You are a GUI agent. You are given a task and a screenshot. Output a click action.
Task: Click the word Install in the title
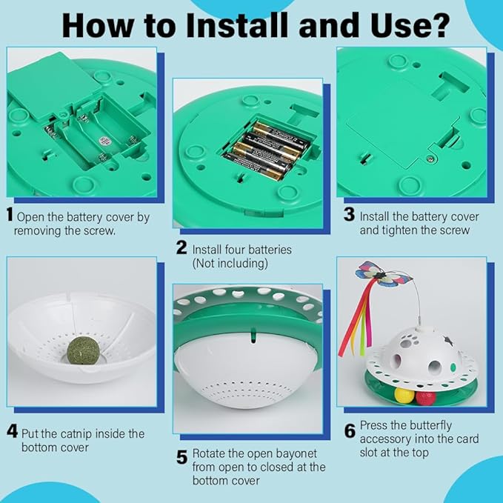238,25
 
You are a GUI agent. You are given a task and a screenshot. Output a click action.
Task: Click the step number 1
10,214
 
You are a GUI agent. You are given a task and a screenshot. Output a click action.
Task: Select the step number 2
181,247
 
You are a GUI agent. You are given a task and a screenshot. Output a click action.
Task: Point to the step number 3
349,214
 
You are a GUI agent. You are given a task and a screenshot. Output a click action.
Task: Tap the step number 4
12,431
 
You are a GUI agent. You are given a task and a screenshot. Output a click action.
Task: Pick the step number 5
182,457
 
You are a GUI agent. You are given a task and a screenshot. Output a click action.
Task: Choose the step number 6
350,431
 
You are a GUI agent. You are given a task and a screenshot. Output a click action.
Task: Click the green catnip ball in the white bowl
81,350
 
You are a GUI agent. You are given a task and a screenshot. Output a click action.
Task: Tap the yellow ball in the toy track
404,396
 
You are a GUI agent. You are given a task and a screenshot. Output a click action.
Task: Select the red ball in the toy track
426,398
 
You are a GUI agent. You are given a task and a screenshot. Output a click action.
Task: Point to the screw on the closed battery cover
431,159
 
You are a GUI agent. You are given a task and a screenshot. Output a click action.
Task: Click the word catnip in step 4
76,434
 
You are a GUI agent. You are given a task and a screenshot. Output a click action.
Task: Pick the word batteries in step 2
270,250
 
